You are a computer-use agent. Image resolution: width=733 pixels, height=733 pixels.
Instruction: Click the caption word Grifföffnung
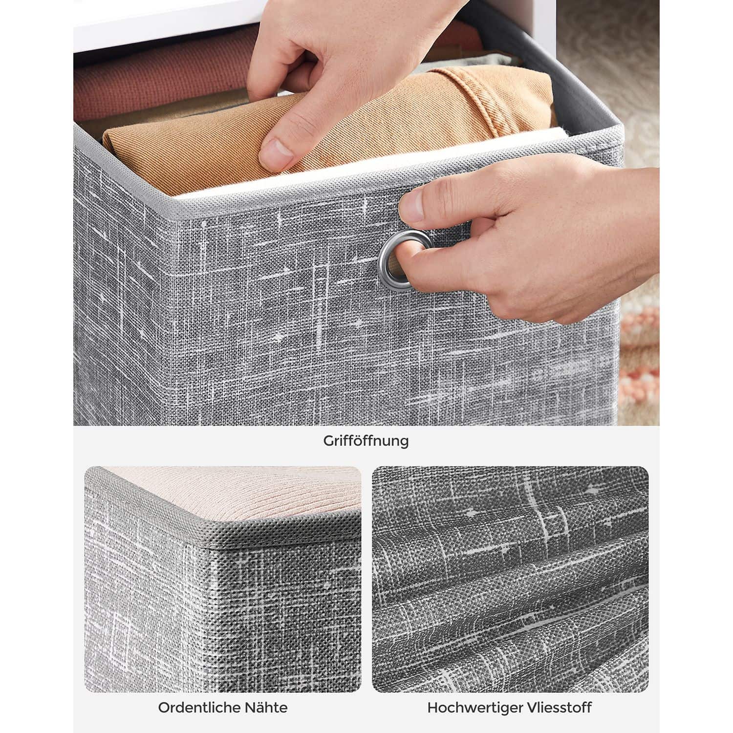coord(366,441)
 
